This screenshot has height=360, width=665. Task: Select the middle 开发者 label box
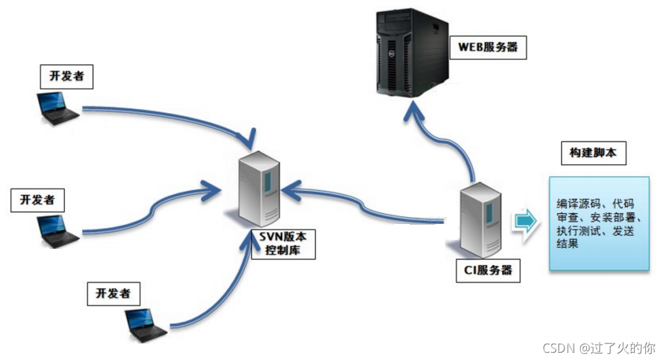click(x=38, y=199)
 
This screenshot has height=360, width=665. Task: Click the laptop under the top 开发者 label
click(x=56, y=108)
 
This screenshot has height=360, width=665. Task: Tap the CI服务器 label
click(x=488, y=270)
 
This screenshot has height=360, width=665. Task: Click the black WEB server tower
click(x=412, y=53)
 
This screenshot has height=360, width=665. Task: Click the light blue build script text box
click(x=599, y=223)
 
